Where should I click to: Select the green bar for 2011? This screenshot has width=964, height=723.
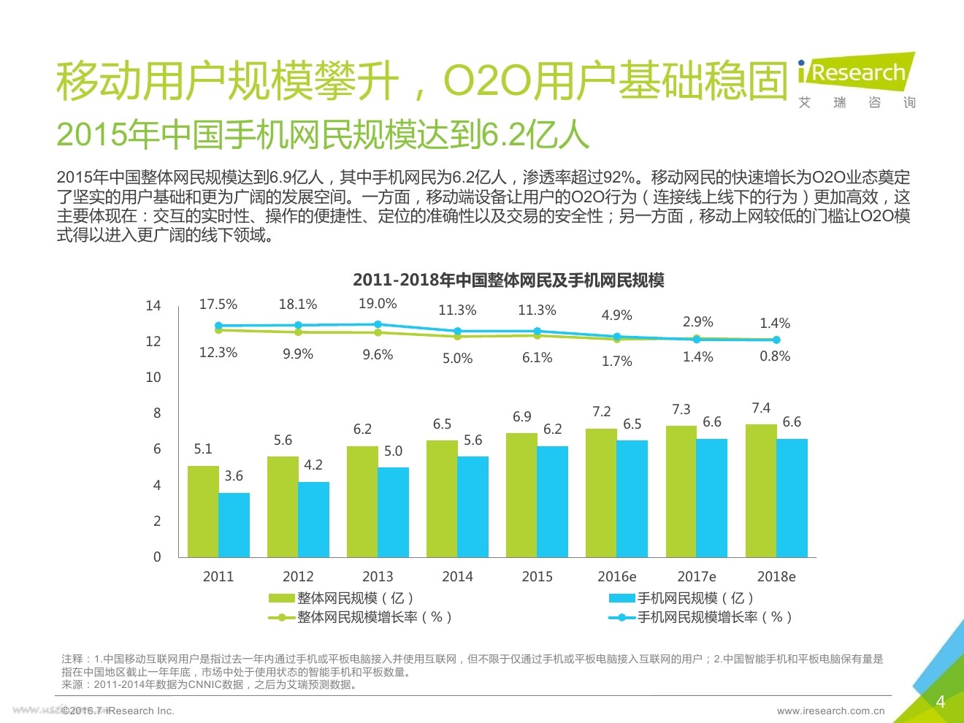point(203,511)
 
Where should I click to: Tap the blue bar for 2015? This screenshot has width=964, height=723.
point(552,502)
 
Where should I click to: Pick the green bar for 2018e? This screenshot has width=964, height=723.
point(761,491)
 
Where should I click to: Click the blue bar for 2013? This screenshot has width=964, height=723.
point(393,512)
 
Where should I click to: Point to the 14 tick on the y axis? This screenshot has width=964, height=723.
point(153,306)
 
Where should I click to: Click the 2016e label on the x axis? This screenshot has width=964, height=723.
point(616,576)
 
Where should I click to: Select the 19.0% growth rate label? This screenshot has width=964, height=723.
point(378,304)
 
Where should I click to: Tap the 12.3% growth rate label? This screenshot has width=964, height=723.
point(218,353)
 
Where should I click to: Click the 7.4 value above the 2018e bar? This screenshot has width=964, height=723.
point(761,408)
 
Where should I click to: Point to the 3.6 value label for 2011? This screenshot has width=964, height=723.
point(234,476)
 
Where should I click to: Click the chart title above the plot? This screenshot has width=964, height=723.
point(508,280)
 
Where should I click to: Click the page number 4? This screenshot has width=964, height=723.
point(941,702)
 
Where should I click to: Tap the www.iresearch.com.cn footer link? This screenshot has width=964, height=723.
point(830,711)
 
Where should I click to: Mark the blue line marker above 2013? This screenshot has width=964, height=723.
point(378,324)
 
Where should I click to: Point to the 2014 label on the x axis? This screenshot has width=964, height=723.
point(457,576)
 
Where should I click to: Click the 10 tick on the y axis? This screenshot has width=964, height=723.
point(153,378)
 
